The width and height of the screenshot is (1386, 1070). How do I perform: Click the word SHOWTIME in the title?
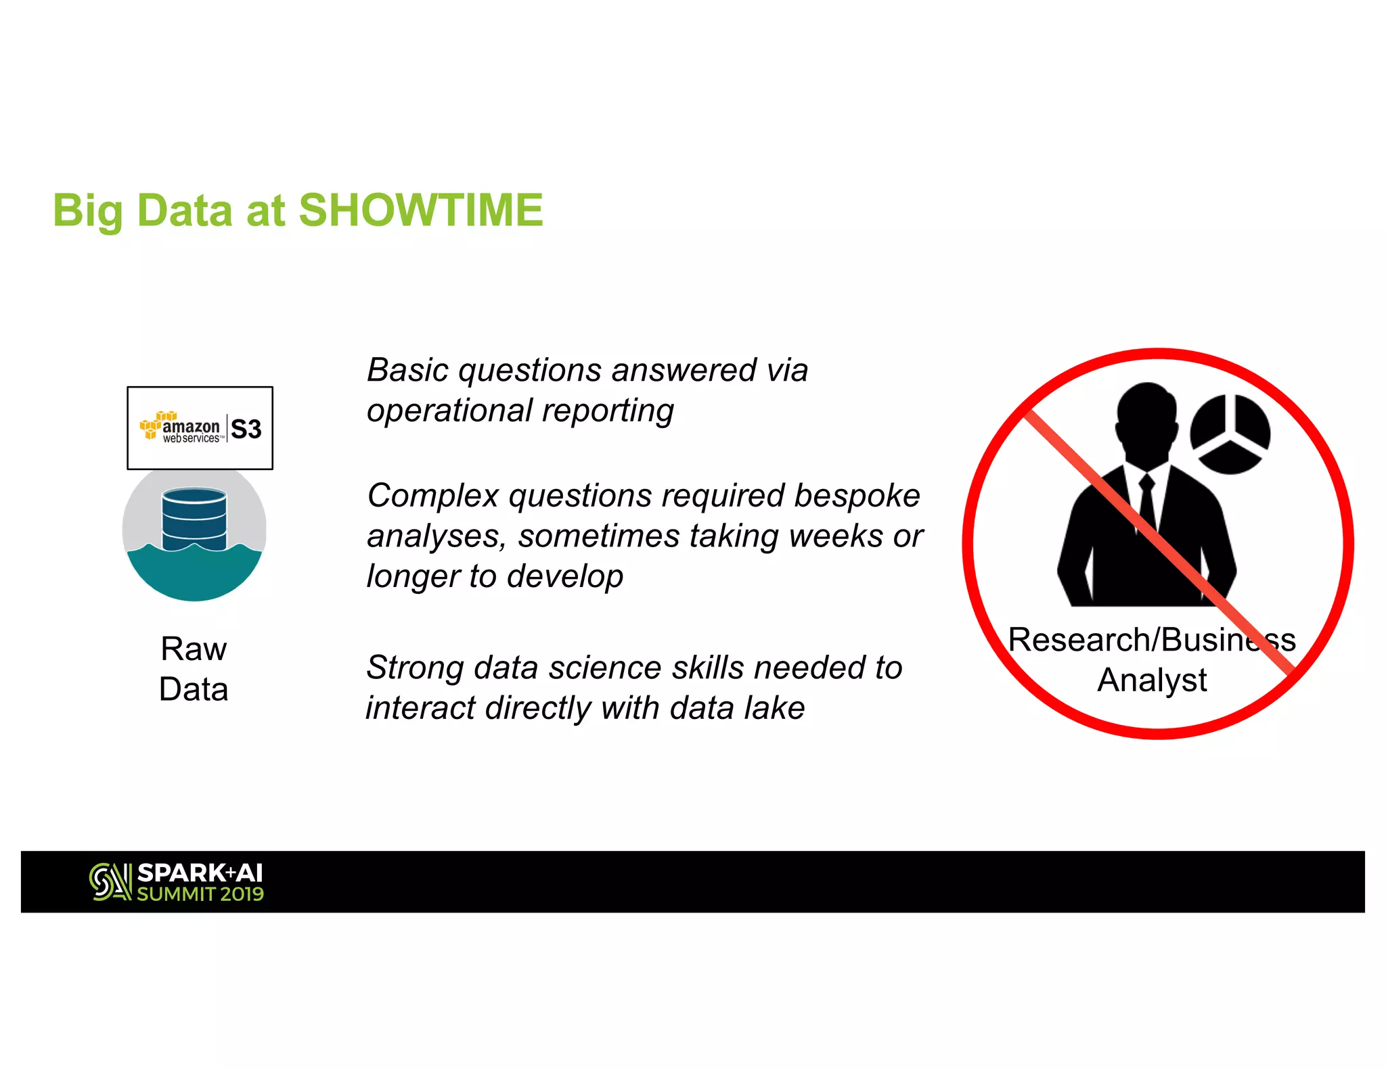point(420,210)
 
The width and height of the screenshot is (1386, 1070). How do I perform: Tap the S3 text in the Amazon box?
point(246,429)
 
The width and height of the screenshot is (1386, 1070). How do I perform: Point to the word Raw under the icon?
point(194,649)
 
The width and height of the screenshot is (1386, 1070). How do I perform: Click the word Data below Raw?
point(194,690)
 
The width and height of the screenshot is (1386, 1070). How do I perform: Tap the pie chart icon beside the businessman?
point(1230,434)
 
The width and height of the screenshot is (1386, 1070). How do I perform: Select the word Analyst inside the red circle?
point(1152,680)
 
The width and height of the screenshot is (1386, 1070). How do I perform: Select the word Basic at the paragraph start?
point(407,371)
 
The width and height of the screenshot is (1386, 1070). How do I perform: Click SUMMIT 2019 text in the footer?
point(200,894)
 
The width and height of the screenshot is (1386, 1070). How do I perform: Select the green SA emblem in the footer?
point(110,882)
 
